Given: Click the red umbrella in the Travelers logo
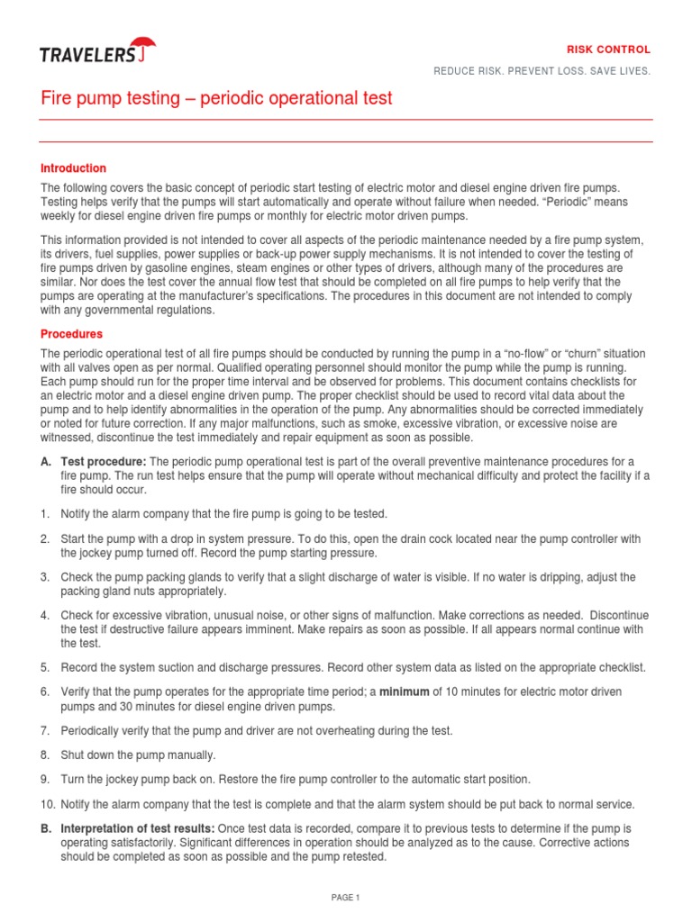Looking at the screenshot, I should pos(141,46).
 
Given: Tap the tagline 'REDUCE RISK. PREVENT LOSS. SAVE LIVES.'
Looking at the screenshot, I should pos(542,71).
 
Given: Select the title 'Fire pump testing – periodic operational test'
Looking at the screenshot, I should pos(217,98).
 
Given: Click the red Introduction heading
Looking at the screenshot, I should pos(74,168).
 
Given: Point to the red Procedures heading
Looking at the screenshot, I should pos(72,334).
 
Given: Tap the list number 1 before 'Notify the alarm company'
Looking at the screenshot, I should pos(44,514).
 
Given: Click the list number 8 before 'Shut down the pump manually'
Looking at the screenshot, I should pos(44,755).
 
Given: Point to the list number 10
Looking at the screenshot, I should pos(47,804).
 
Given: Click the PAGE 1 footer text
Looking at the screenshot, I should pos(345,897).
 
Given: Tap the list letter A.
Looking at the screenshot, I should pos(45,462).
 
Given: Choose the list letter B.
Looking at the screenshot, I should pos(45,827).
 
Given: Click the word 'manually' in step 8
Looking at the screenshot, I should pos(191,755).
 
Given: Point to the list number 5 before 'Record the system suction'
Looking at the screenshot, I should pos(44,667).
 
